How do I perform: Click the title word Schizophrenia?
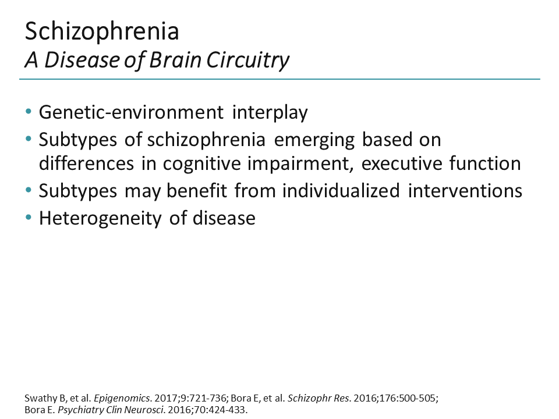click(102, 31)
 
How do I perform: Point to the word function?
click(486, 164)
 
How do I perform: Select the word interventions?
click(465, 190)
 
